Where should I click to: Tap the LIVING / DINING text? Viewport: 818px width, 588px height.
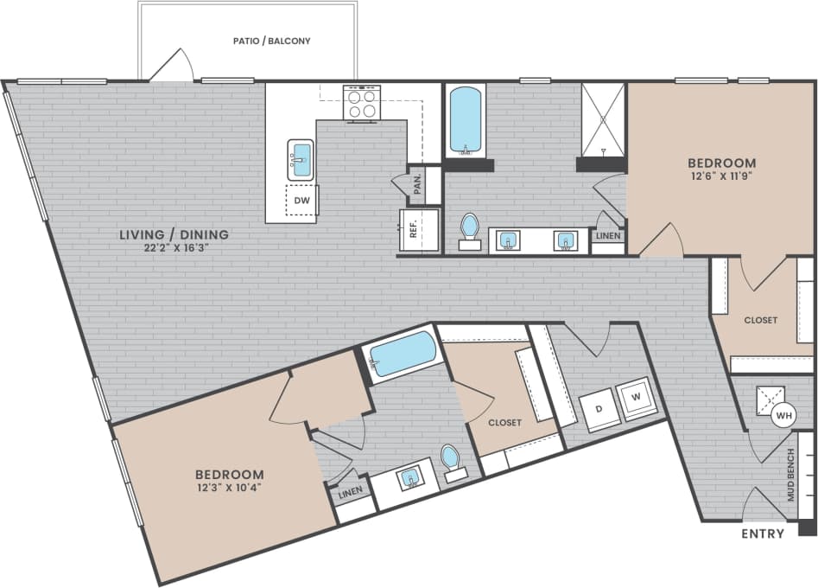coord(174,233)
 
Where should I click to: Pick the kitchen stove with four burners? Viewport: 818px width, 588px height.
coord(363,104)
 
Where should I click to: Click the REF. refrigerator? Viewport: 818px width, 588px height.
coord(414,229)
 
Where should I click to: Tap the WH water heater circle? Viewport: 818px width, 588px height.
coord(783,416)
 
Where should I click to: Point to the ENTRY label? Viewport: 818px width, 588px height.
coord(763,534)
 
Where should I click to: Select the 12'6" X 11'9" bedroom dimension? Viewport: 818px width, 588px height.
coord(721,177)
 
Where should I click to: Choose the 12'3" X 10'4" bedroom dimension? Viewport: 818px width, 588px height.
coord(229,489)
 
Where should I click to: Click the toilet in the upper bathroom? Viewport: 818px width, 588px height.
coord(469,228)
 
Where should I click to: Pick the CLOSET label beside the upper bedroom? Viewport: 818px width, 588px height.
coord(760,320)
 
